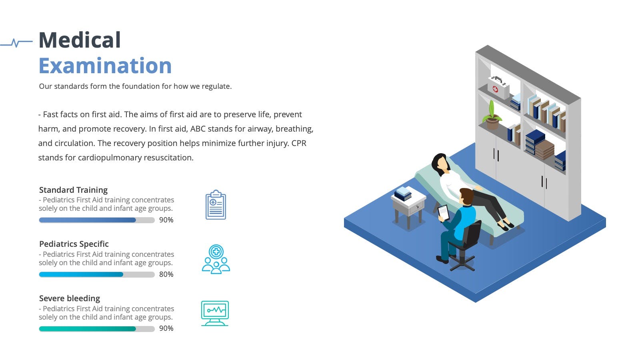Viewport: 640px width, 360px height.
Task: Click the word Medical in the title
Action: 80,40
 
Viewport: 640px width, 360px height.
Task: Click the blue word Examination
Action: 105,66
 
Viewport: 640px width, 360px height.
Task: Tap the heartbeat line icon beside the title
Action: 16,43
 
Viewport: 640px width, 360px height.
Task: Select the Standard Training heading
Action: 73,190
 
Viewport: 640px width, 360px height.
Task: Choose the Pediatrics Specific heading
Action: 74,244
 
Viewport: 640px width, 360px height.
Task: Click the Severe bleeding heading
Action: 70,298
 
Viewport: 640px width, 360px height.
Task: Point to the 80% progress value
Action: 166,274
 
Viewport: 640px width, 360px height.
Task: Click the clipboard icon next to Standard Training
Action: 216,204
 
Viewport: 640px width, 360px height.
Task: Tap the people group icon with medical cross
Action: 216,259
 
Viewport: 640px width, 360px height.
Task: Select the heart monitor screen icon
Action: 215,313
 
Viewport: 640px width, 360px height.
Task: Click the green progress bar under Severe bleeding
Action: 97,329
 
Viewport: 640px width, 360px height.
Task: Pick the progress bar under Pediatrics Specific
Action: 97,274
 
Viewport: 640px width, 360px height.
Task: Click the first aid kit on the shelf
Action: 498,87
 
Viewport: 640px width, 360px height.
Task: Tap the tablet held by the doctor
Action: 444,212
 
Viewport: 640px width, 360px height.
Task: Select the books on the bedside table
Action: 403,194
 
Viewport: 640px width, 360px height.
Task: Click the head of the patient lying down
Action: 440,164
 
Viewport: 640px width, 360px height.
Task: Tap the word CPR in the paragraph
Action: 298,143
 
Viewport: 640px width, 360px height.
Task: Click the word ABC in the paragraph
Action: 198,128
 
